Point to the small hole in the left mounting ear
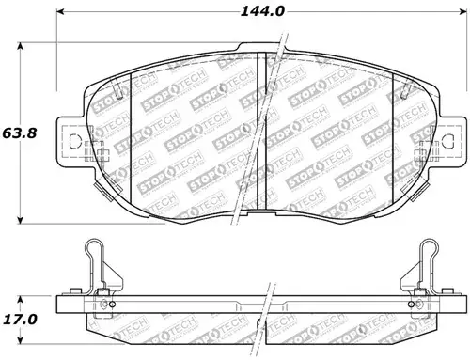(x=75, y=140)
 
